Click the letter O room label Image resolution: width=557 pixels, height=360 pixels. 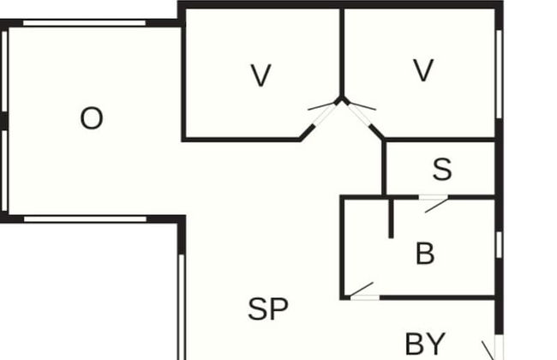click(92, 118)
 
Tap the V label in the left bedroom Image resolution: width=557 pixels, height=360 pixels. click(261, 75)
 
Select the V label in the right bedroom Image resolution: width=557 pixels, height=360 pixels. click(423, 70)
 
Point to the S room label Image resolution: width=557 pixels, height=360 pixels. click(443, 169)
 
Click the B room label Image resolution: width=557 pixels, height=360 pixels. click(425, 254)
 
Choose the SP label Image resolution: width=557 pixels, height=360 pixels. click(268, 309)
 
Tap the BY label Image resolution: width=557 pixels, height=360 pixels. click(425, 344)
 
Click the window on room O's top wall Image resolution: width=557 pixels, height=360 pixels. click(84, 23)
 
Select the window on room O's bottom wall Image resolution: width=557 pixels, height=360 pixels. click(85, 219)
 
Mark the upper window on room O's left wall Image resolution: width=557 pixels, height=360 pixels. click(4, 71)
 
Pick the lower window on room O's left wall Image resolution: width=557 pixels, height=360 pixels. click(4, 171)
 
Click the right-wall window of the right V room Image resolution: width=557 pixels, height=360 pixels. click(499, 75)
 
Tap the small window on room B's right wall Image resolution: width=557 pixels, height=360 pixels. click(499, 245)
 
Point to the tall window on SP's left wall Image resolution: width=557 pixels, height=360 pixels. click(182, 307)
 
